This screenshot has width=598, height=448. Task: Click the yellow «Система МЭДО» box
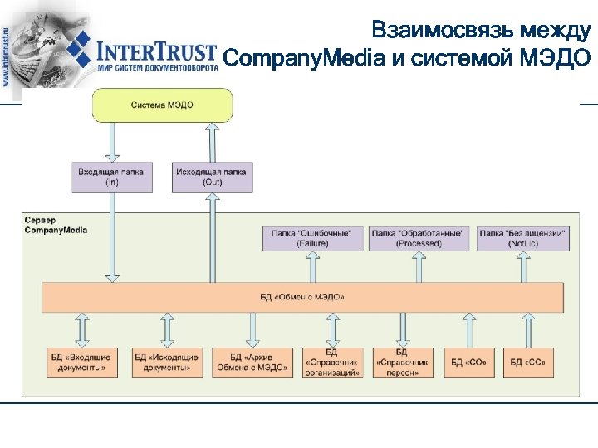click(x=162, y=105)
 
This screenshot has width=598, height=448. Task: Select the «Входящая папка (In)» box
click(x=110, y=177)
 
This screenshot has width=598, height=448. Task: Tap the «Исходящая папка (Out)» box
click(x=211, y=177)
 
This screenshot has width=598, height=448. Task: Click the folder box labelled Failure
click(x=313, y=238)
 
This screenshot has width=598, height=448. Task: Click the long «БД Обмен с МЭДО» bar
click(x=302, y=297)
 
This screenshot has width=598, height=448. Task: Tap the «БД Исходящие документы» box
click(x=167, y=361)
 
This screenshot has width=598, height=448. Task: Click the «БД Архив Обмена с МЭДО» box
click(x=252, y=361)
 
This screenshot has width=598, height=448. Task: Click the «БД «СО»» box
click(x=469, y=362)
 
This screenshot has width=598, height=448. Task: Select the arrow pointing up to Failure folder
click(x=313, y=266)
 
